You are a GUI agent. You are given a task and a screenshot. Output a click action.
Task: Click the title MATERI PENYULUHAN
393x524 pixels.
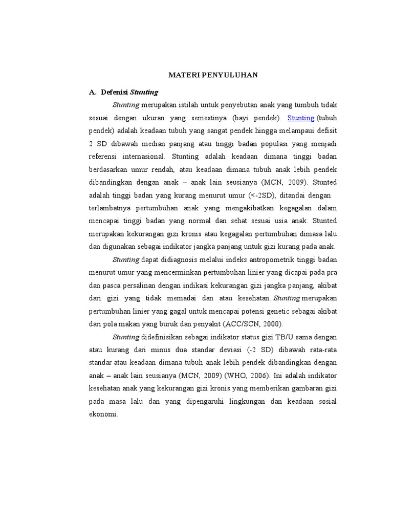point(213,75)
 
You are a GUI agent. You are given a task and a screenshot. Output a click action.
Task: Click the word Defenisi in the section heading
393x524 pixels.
point(115,92)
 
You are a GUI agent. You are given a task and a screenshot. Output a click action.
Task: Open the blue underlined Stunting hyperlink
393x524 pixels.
point(301,118)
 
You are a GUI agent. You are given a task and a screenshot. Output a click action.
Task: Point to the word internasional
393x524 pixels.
point(138,156)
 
